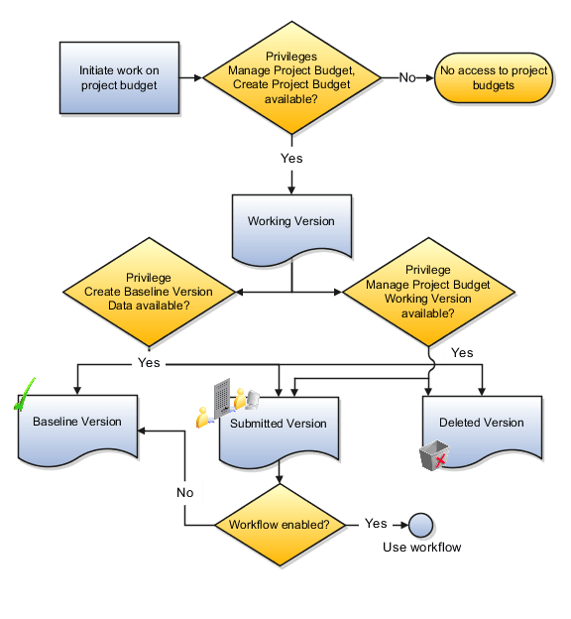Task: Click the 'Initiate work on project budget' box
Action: (119, 77)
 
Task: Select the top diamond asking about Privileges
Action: (291, 77)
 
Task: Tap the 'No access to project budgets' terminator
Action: (493, 77)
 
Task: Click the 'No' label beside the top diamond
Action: (406, 77)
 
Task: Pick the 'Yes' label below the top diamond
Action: (291, 158)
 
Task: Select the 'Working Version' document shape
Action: (291, 222)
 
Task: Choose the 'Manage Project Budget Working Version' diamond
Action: (428, 292)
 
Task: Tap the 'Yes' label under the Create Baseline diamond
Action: (149, 363)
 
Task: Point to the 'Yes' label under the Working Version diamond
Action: (462, 352)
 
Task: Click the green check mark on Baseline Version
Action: (24, 394)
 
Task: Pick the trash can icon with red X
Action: (432, 455)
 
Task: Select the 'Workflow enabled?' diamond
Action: (280, 524)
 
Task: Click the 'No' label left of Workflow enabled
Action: (184, 492)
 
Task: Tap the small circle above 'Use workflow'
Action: (420, 524)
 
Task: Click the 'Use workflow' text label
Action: (421, 548)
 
